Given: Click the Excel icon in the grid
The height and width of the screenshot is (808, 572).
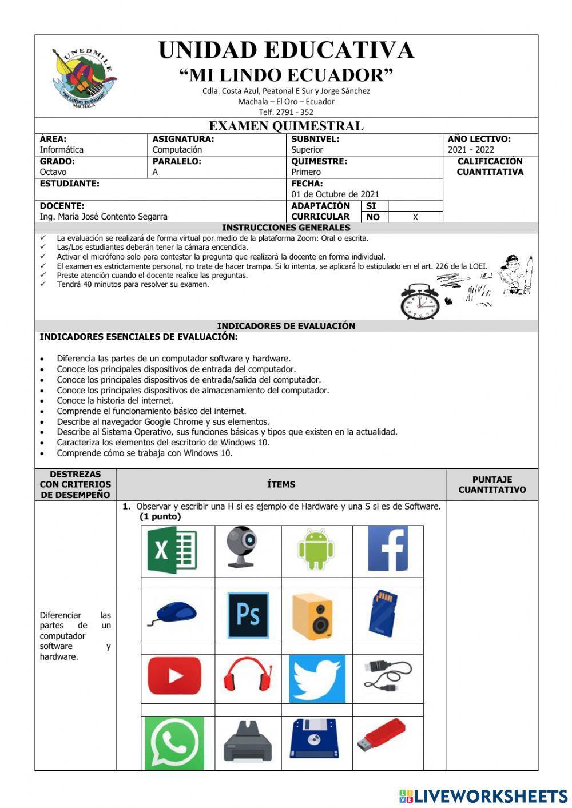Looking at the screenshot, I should click(172, 550).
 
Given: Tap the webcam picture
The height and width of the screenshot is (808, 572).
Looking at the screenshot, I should click(241, 547).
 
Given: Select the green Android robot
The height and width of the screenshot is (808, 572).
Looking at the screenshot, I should click(316, 549).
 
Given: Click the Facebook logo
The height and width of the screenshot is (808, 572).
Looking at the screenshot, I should click(388, 549).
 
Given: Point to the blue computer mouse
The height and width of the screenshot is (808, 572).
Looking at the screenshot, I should click(173, 613).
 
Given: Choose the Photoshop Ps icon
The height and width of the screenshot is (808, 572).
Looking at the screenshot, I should click(248, 615).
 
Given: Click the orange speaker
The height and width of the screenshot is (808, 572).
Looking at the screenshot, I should click(312, 616).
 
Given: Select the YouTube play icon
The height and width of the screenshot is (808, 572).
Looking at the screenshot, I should click(174, 676).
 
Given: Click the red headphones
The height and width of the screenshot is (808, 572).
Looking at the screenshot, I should click(247, 675).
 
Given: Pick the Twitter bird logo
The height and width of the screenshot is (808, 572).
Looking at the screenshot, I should click(317, 679).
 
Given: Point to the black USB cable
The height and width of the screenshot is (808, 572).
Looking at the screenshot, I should click(387, 675).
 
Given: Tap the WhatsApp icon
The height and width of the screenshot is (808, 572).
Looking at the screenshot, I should click(174, 743).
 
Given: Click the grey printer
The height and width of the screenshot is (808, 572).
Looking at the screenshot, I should click(248, 742).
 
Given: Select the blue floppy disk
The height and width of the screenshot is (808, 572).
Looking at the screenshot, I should click(314, 739).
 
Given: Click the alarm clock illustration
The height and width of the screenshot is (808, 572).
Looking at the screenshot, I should click(420, 301).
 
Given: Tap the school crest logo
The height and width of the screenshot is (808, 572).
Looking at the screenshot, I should click(84, 78).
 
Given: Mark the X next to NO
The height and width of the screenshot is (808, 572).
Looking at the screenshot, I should click(415, 217).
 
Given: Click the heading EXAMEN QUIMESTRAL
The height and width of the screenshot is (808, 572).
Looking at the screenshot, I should click(286, 126).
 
